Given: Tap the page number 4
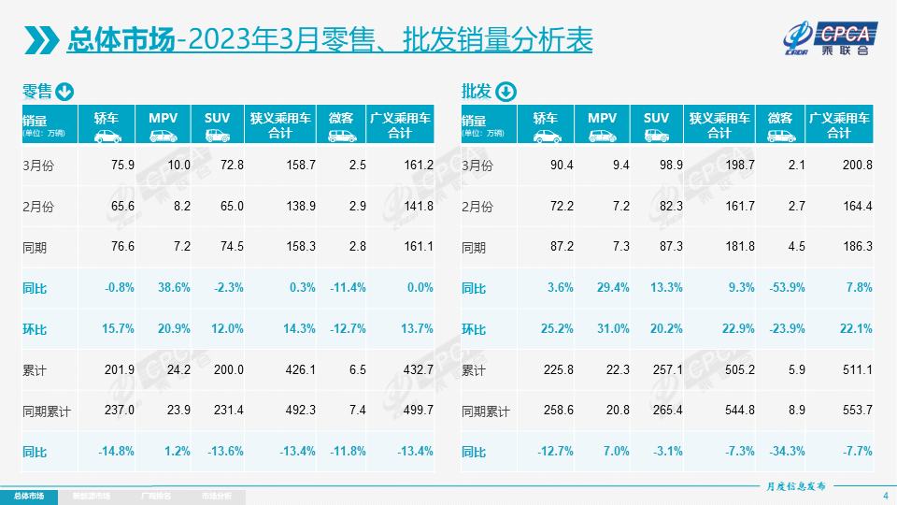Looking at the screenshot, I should pyautogui.click(x=885, y=495).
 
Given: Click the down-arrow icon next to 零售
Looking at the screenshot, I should pyautogui.click(x=65, y=92).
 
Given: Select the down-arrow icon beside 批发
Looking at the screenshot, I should pyautogui.click(x=505, y=92).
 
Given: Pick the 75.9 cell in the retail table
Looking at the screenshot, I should pyautogui.click(x=122, y=166).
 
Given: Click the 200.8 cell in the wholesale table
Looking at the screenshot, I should pyautogui.click(x=857, y=166).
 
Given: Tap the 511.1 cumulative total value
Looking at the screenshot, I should pyautogui.click(x=857, y=370).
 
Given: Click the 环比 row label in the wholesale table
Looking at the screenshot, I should pyautogui.click(x=474, y=329).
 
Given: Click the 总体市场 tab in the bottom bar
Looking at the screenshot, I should pyautogui.click(x=28, y=496).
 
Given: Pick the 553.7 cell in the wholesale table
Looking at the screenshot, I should pyautogui.click(x=857, y=411).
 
